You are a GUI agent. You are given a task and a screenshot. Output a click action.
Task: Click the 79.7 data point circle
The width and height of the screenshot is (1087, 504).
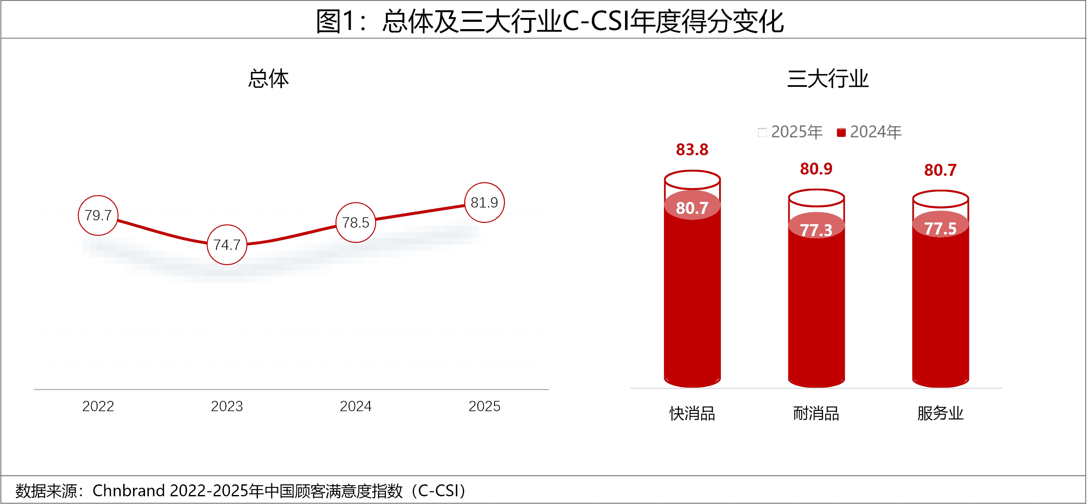98,215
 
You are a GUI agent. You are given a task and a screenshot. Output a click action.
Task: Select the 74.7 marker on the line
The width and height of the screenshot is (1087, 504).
227,245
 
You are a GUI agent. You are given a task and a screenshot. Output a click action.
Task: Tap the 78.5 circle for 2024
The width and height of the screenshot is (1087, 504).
355,222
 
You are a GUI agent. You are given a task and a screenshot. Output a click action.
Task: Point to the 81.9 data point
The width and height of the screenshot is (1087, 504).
484,202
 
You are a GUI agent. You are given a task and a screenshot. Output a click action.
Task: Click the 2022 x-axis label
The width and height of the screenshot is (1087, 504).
98,406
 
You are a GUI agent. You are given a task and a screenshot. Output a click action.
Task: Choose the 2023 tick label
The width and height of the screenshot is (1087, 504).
227,406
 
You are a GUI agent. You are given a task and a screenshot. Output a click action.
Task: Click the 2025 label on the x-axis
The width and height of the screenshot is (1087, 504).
484,406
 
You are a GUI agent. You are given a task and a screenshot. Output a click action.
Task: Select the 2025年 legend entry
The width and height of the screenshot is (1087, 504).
791,132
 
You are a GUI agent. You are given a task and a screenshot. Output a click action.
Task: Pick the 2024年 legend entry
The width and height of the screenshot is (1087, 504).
869,132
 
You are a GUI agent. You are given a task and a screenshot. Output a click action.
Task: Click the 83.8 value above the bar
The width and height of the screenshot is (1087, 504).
692,150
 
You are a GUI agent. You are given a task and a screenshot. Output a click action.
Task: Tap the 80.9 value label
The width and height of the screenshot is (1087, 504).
816,169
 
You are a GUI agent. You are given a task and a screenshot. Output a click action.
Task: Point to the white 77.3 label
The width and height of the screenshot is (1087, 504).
816,230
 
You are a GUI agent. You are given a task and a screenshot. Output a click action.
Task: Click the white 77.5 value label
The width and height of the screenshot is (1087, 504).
940,228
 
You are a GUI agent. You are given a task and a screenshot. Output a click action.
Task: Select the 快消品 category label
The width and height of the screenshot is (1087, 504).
692,414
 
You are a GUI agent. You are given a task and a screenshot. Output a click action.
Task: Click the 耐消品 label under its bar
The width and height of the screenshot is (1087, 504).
816,414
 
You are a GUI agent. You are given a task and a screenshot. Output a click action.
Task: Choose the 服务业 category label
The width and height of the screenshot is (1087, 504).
940,414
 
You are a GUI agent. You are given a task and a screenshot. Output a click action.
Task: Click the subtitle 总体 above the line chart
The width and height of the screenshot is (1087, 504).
269,79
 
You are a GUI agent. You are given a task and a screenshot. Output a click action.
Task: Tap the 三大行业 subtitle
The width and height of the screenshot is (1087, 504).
828,79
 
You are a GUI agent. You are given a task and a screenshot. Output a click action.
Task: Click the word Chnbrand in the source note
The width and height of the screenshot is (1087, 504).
128,491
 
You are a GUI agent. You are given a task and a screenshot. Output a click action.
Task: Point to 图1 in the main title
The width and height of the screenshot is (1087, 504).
335,21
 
